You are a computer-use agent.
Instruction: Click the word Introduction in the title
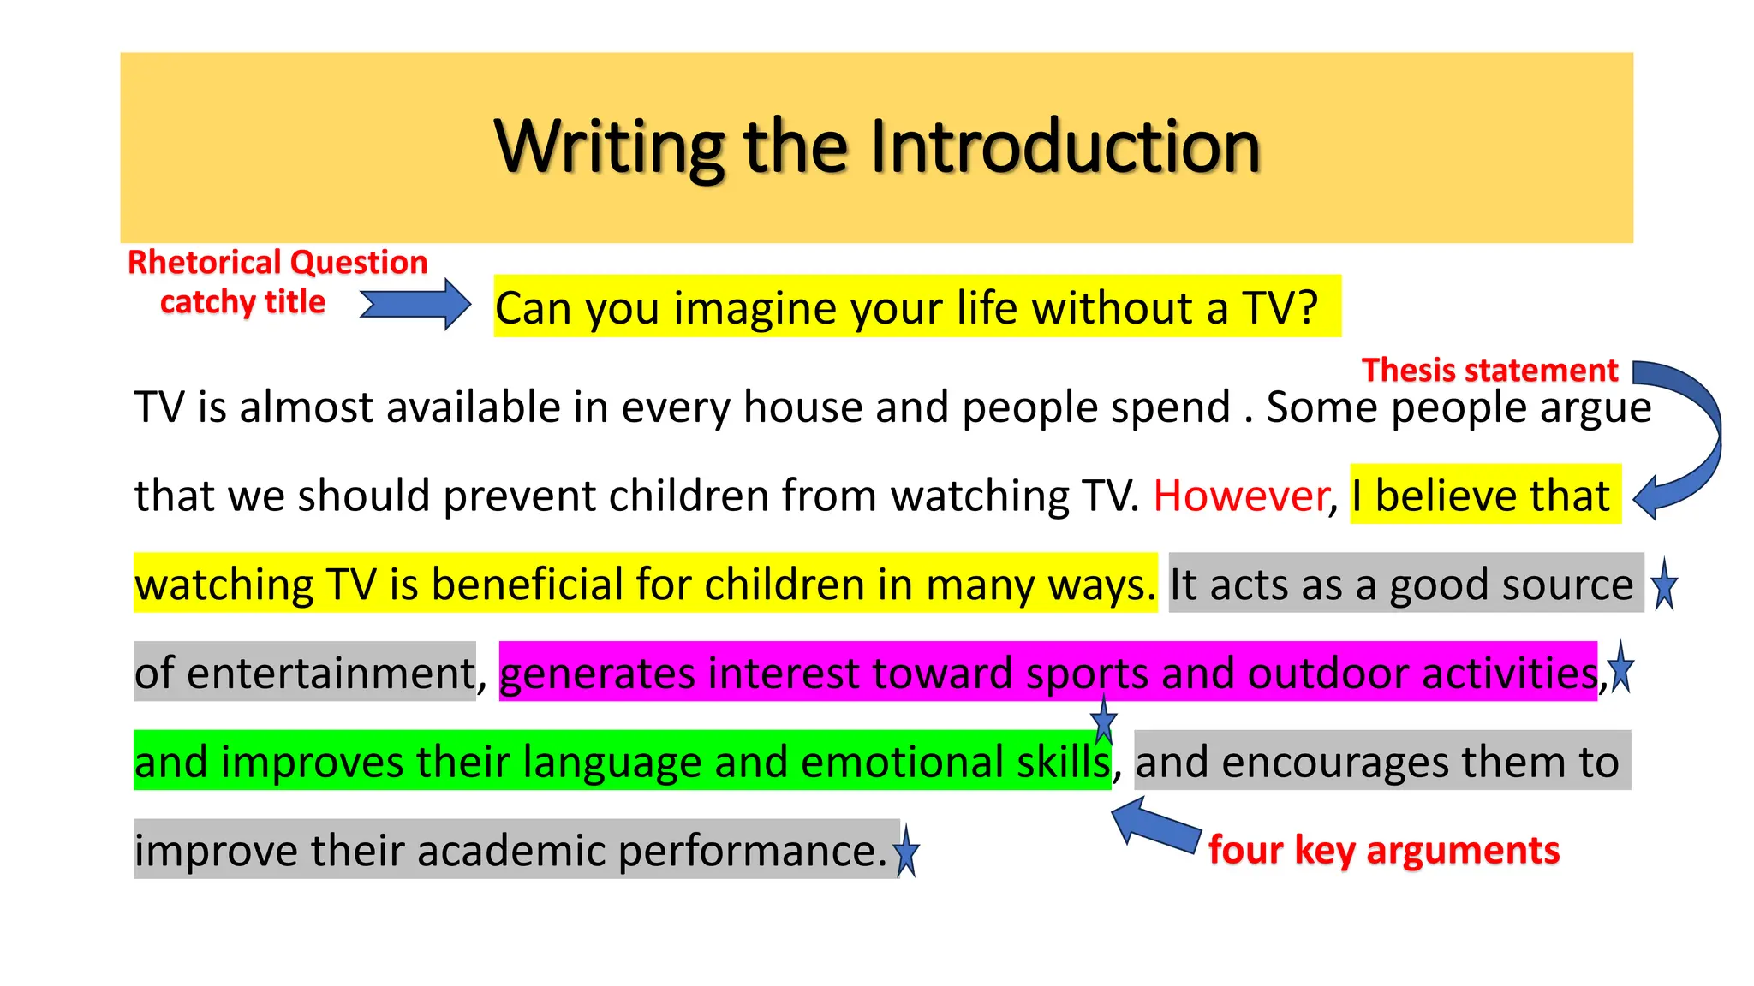(1065, 147)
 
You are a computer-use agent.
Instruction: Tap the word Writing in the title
(609, 147)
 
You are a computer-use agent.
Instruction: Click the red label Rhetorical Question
(277, 262)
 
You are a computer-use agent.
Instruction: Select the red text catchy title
(242, 302)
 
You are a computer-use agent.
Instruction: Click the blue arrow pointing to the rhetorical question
(416, 305)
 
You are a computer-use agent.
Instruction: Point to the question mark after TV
(1308, 307)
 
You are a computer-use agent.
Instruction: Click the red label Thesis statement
(1489, 370)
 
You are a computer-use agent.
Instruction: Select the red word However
(1240, 496)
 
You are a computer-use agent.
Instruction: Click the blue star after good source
(1664, 585)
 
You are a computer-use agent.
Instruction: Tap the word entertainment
(330, 673)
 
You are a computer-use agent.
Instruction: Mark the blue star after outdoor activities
(1621, 668)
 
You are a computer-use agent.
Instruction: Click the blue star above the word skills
(1104, 721)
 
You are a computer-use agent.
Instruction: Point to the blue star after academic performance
(906, 852)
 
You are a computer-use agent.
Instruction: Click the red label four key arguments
(1383, 850)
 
